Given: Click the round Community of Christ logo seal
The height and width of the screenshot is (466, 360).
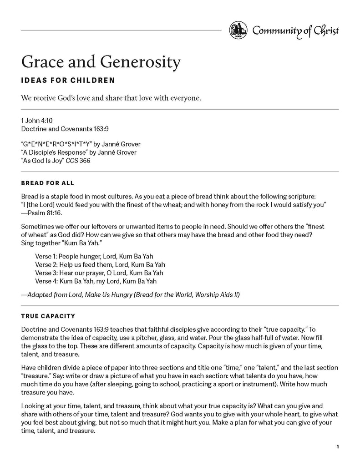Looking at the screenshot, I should [x=238, y=30].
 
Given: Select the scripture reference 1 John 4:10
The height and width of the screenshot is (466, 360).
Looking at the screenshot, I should [x=35, y=121].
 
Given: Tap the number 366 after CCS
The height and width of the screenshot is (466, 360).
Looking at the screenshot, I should [x=84, y=161].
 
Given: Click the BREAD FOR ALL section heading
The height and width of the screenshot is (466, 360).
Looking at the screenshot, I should [x=47, y=183].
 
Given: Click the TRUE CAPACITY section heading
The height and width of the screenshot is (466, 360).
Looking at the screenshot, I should [x=48, y=315].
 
